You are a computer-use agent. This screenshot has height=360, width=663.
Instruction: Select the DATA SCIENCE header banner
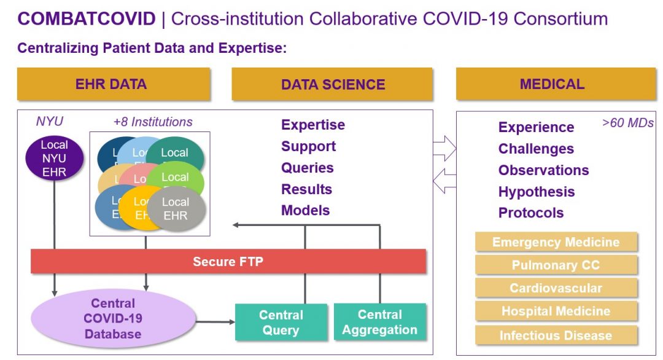point(333,84)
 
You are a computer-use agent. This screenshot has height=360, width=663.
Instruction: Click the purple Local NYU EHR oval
point(55,158)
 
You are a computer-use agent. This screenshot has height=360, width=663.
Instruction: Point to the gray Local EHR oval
point(176,209)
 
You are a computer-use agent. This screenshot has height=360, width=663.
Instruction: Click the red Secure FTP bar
point(228,262)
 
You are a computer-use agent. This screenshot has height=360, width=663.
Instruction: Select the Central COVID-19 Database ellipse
point(113,319)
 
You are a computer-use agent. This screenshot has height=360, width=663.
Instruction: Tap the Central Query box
point(281,323)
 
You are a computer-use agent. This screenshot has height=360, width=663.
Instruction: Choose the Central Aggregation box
point(379,323)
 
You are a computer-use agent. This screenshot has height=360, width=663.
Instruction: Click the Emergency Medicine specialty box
point(556,243)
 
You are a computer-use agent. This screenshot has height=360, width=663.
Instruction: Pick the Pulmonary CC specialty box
point(556,265)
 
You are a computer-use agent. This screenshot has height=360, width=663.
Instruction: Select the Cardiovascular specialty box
point(556,288)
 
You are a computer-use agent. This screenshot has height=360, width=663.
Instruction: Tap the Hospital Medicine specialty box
point(556,311)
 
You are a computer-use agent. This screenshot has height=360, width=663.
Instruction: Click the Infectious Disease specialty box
point(556,335)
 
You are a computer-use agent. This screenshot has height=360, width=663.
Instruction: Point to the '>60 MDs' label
point(627,123)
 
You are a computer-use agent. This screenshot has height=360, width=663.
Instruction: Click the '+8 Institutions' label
point(153,122)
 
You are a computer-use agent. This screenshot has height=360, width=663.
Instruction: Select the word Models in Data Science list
point(305,210)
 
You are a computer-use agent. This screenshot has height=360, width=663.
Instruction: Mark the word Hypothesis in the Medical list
point(536,192)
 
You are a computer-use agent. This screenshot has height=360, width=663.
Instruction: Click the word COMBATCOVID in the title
point(87,19)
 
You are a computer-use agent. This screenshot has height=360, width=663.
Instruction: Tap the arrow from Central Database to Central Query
point(215,321)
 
